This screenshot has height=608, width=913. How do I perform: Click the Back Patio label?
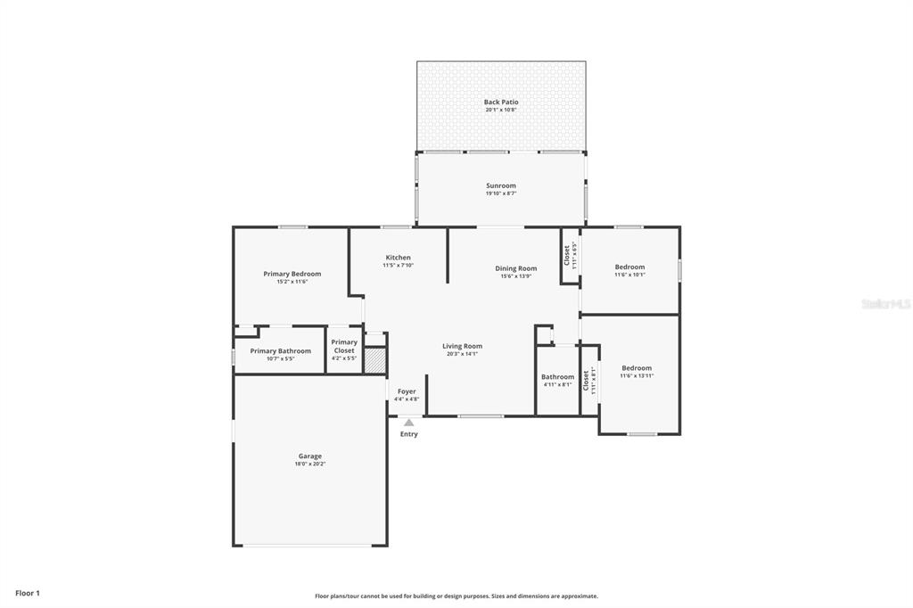click(x=500, y=103)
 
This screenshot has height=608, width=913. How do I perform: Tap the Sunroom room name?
click(x=500, y=185)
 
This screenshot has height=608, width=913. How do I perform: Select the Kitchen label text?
click(x=398, y=258)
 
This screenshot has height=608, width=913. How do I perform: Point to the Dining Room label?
click(x=515, y=268)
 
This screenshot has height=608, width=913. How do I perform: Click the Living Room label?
click(x=462, y=346)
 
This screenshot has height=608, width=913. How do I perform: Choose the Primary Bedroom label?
click(x=292, y=274)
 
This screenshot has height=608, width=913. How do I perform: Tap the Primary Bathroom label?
click(x=280, y=351)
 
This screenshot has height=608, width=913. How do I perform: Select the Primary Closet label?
click(x=344, y=346)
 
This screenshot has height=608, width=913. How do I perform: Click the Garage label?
click(x=310, y=456)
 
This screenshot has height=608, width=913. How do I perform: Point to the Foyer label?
click(x=407, y=391)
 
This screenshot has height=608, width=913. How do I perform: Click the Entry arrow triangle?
click(x=408, y=423)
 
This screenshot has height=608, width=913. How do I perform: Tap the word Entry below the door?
click(x=408, y=434)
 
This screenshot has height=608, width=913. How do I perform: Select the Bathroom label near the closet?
click(x=557, y=377)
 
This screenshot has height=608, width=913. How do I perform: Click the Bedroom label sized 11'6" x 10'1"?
click(x=629, y=267)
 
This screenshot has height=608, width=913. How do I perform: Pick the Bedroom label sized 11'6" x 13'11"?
click(x=637, y=368)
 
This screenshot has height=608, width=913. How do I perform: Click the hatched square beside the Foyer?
click(x=375, y=359)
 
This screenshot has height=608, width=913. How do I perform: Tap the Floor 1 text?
click(x=28, y=593)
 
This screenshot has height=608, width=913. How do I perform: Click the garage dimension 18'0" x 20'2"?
click(x=310, y=464)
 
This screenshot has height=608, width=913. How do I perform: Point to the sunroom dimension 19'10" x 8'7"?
click(x=500, y=193)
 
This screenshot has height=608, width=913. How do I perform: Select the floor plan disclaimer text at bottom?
click(x=456, y=596)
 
